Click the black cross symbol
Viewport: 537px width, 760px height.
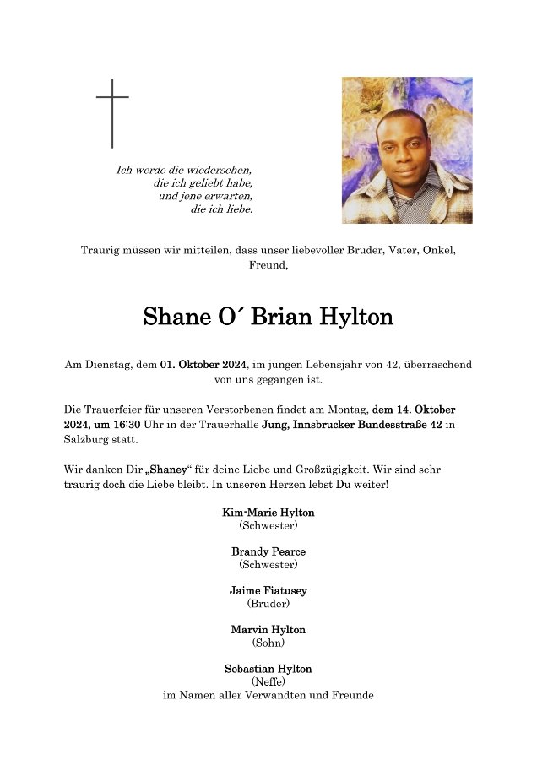tap(112, 112)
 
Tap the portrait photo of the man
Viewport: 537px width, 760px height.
tap(407, 150)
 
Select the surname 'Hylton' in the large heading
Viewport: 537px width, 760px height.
tap(357, 318)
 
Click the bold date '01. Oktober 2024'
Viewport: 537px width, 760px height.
tap(203, 365)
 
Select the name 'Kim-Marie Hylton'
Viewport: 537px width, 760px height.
tap(268, 513)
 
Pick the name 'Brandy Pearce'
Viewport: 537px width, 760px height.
tap(268, 551)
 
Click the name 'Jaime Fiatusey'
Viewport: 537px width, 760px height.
tap(268, 591)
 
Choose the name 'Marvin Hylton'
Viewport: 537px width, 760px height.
tap(268, 630)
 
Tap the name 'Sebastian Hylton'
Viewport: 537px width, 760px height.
tap(268, 669)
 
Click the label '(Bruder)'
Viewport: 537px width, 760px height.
tap(268, 604)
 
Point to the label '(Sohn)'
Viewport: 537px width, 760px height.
tap(268, 643)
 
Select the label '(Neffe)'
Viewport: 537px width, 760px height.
tap(268, 681)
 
